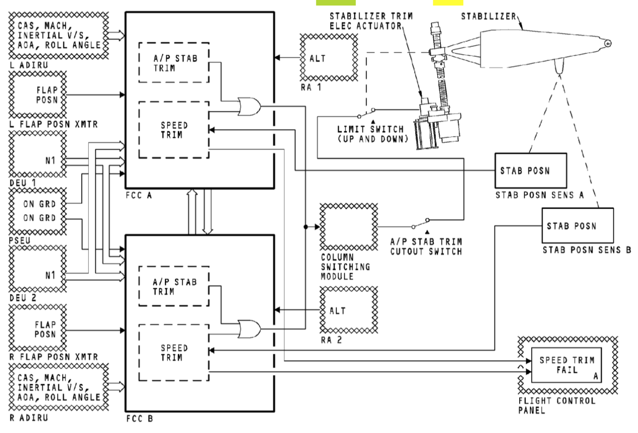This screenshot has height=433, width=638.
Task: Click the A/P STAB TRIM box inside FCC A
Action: (x=174, y=63)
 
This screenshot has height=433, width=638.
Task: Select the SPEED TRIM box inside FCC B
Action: (x=174, y=353)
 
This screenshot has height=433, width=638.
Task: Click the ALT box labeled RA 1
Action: (x=329, y=57)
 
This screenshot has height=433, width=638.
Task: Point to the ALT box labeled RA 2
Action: (x=348, y=310)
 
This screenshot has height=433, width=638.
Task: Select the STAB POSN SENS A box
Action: (x=530, y=171)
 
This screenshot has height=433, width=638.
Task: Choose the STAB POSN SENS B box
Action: (x=577, y=226)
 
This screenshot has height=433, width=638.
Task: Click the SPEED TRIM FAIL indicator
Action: (x=566, y=365)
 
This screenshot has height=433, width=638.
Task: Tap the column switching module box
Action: (x=348, y=227)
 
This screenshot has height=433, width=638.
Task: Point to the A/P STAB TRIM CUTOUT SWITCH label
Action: (x=426, y=247)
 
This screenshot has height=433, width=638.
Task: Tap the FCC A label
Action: (x=139, y=195)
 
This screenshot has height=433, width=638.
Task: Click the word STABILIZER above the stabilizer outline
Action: (x=488, y=17)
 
